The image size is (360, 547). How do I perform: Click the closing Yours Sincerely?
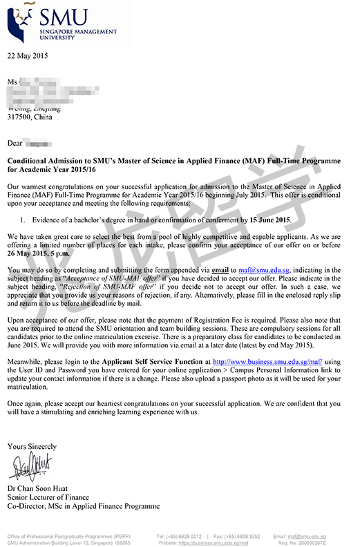click(x=32, y=447)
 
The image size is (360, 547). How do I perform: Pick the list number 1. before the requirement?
click(x=23, y=220)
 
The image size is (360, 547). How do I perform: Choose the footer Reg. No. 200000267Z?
click(x=325, y=544)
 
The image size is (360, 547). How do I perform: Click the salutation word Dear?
click(x=15, y=144)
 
